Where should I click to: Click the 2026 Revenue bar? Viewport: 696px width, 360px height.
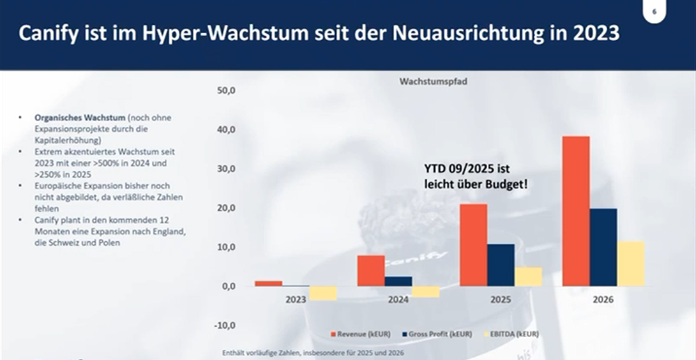click(575, 211)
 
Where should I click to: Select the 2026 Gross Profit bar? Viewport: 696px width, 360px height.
click(603, 247)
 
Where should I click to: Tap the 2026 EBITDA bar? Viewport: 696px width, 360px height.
click(630, 263)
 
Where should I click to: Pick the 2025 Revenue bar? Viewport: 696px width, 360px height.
click(473, 244)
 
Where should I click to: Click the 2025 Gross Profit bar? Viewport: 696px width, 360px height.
click(501, 264)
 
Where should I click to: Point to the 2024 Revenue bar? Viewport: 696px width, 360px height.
click(370, 270)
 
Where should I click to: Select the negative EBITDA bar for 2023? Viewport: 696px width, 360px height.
click(322, 293)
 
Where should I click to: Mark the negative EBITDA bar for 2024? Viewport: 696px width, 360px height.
click(425, 291)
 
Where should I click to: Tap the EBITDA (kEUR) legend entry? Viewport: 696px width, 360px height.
click(511, 333)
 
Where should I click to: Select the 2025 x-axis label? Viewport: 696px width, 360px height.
click(500, 299)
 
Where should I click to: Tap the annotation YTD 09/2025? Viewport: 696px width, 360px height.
click(467, 169)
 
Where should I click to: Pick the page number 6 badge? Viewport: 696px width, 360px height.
click(654, 11)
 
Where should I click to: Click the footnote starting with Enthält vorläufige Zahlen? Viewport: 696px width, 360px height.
click(313, 352)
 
